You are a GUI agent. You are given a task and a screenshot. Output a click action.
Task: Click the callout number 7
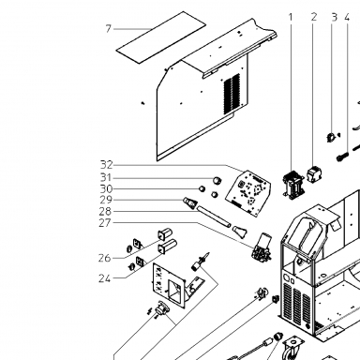click(108, 29)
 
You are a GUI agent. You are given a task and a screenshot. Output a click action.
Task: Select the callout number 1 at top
click(291, 17)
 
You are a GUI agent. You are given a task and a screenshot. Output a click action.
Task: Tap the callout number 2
click(314, 17)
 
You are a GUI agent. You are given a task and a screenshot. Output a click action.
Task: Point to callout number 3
click(335, 17)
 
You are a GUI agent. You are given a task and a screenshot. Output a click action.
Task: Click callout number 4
click(347, 17)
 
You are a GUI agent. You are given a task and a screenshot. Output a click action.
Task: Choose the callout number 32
click(106, 165)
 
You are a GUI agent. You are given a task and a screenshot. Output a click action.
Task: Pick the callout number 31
click(106, 177)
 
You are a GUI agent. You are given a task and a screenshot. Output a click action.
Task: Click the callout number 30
click(106, 188)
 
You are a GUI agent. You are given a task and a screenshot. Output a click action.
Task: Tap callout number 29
click(106, 200)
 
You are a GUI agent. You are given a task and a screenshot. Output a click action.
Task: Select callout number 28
click(105, 212)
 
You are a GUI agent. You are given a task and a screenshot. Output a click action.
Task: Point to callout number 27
click(105, 223)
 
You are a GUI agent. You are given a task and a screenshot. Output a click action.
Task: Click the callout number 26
click(104, 258)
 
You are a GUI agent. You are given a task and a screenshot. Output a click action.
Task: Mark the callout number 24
click(104, 278)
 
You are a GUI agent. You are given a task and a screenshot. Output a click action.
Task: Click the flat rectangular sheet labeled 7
click(161, 37)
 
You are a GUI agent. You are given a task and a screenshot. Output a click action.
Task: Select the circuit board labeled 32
click(247, 193)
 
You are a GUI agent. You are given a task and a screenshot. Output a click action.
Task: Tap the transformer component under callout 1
click(292, 185)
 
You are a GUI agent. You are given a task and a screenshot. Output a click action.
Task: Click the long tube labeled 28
click(215, 216)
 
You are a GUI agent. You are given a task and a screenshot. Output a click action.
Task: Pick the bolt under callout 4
click(342, 156)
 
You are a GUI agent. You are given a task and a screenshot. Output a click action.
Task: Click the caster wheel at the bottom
click(290, 349)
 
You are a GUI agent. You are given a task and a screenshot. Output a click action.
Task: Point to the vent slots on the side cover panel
click(232, 94)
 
